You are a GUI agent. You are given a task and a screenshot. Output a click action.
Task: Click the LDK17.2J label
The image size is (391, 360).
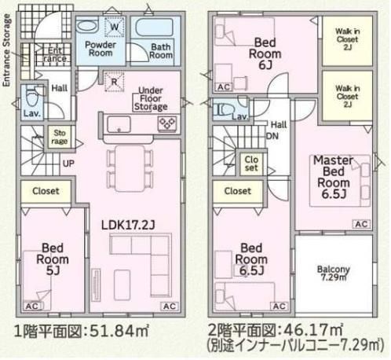tap(128, 225)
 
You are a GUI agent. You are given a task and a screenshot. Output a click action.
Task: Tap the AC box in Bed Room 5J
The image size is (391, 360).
tap(32, 306)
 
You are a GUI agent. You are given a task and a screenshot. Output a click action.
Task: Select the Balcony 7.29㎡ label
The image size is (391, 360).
tap(334, 273)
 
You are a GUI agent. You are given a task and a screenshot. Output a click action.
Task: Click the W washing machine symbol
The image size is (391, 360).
tap(115, 27)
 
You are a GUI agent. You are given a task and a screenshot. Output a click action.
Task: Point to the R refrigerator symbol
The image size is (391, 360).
tap(115, 82)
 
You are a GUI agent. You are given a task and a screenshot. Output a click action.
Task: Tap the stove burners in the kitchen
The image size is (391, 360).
tap(167, 123)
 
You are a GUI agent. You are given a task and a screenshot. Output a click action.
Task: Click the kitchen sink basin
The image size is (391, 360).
tap(119, 124)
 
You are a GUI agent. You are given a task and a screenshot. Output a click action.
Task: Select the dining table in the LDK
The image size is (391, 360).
tap(130, 168)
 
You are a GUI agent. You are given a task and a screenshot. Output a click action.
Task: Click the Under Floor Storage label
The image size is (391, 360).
tap(151, 99)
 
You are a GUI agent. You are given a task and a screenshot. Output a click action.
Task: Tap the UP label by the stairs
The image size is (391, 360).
tap(68, 163)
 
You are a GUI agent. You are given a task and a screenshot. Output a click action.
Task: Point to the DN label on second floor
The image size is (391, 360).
tap(272, 136)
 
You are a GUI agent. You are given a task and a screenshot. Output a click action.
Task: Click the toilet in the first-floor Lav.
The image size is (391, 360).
tap(32, 97)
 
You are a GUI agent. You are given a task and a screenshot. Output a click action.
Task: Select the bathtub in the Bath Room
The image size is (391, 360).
tap(155, 27)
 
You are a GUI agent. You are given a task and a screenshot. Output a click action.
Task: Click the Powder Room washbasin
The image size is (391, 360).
tap(88, 26)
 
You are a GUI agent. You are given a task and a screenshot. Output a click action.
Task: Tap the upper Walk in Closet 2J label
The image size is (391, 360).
tap(347, 39)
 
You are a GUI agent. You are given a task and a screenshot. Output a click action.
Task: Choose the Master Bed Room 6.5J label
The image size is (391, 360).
tap(334, 177)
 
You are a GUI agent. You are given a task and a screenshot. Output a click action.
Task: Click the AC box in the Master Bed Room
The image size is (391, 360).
tap(361, 224)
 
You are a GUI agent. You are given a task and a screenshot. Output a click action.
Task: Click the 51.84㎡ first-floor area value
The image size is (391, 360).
tap(119, 330)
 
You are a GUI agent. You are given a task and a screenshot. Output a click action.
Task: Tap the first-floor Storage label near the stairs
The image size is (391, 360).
tap(60, 137)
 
